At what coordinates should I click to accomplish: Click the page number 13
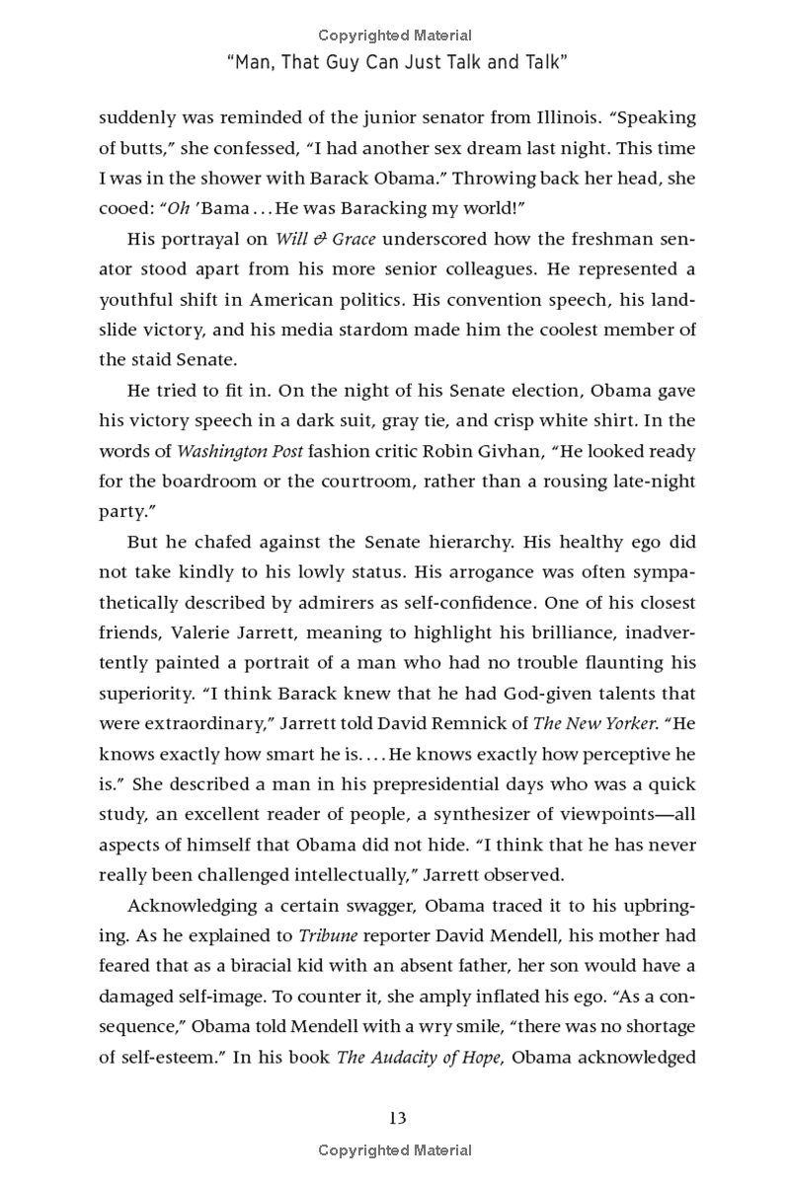pos(397,1118)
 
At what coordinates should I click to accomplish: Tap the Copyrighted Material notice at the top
pos(395,37)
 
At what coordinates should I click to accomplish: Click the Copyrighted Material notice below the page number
pos(395,1150)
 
